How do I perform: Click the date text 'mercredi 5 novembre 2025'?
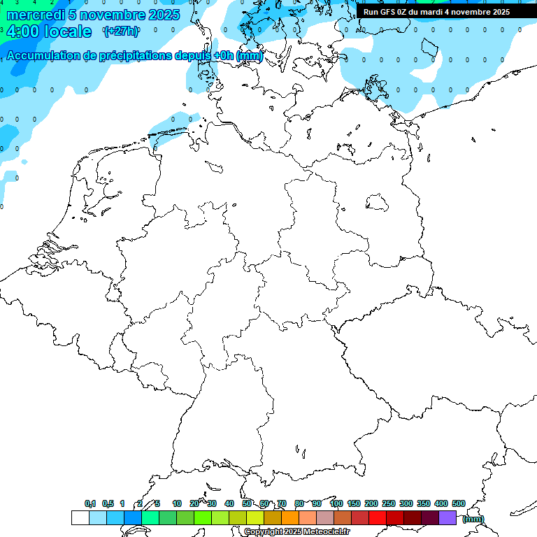coord(92,15)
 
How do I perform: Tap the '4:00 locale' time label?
coord(49,31)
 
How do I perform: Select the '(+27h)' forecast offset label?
coord(121,31)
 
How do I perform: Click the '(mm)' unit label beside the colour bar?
coord(473,519)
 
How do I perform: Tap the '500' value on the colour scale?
coord(459,503)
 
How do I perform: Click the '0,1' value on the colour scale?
coord(90,503)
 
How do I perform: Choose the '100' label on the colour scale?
coord(336,503)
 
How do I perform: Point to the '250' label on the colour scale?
coord(389,503)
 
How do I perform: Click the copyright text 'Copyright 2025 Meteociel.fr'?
coord(297,532)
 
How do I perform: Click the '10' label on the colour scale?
coord(177,503)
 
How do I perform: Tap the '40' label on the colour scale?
coord(229,503)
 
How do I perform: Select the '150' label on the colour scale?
coord(354,503)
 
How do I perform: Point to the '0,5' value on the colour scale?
coord(108,503)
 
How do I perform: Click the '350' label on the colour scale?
coord(424,503)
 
